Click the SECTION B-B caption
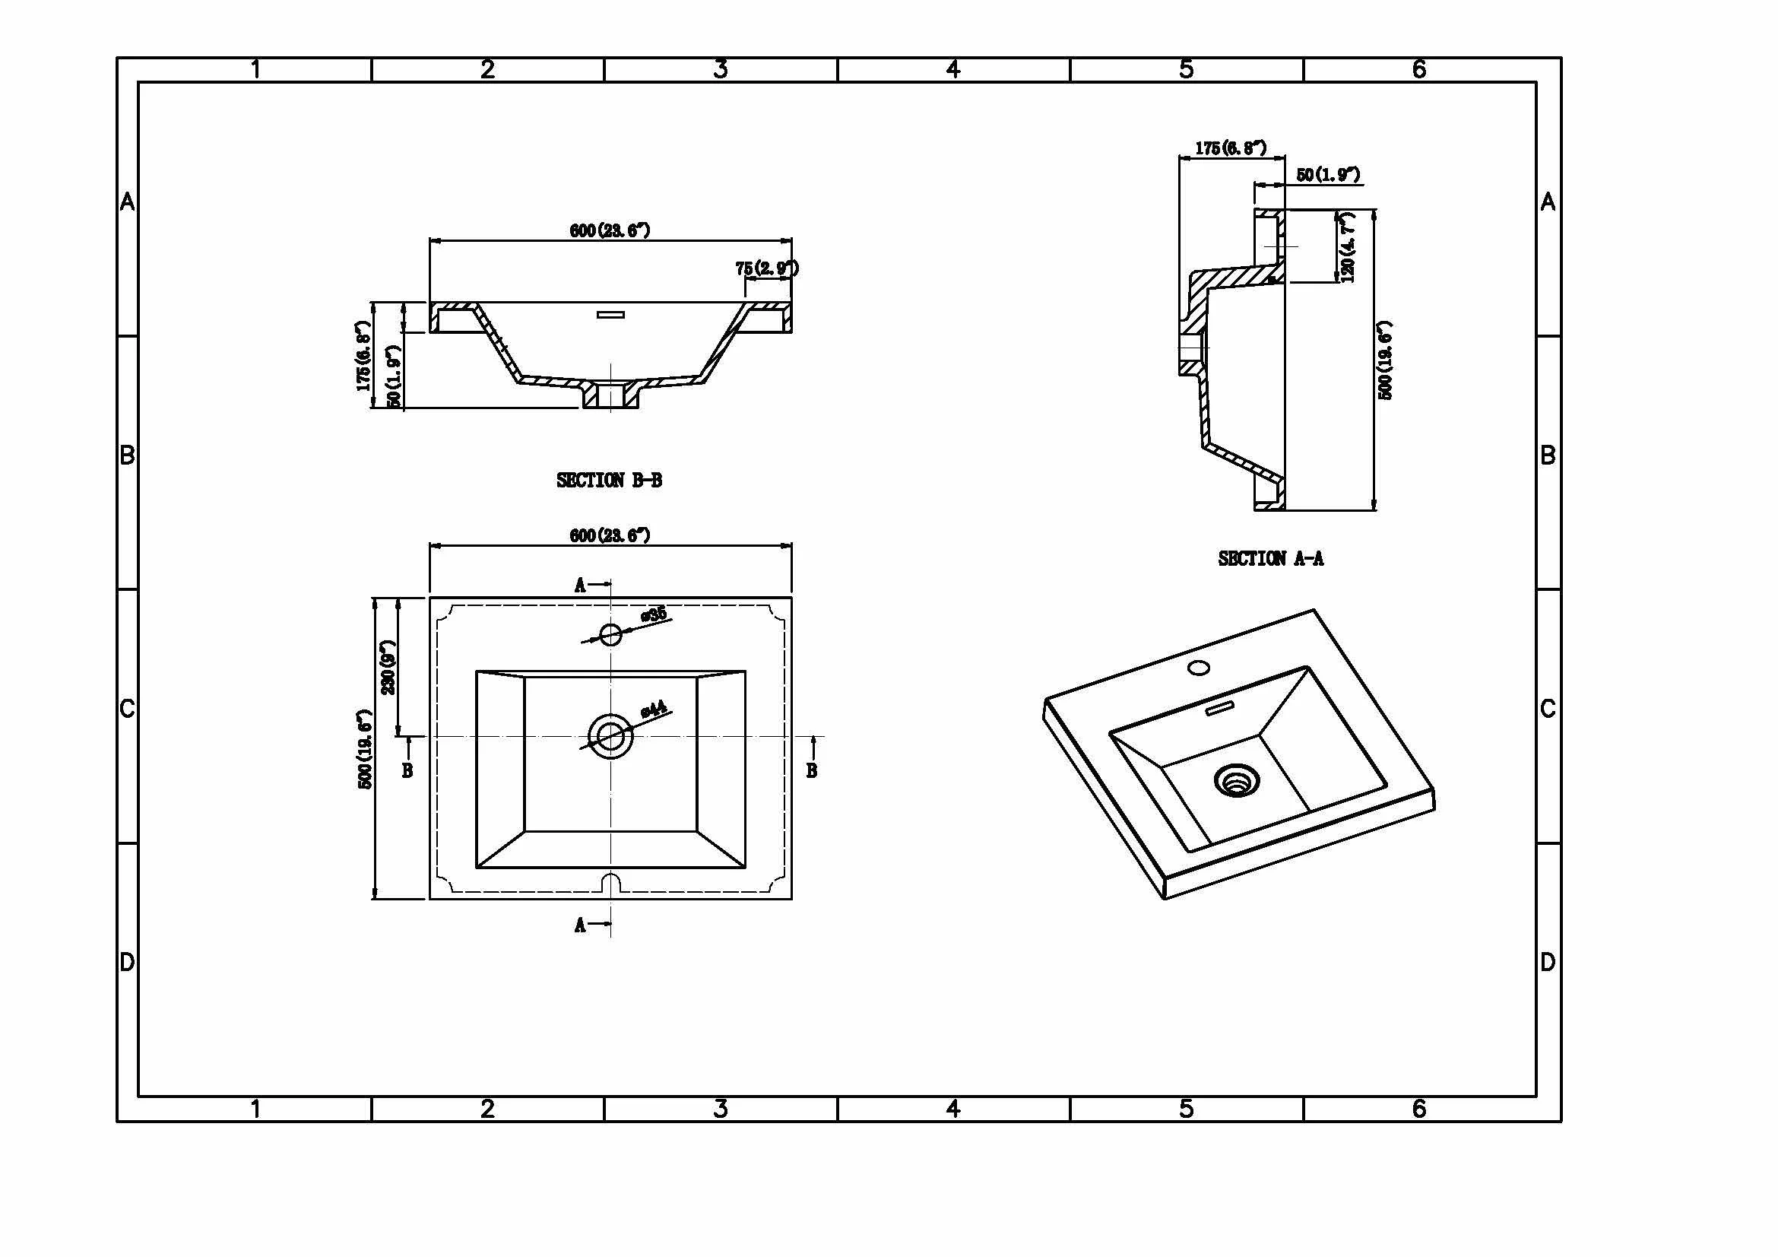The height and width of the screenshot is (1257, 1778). (x=609, y=480)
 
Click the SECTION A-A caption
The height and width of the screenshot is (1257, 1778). (x=1270, y=558)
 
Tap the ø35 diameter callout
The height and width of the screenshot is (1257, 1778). (x=654, y=615)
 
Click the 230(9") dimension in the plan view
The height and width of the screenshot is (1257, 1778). (x=388, y=667)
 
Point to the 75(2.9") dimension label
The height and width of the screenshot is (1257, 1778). (x=767, y=268)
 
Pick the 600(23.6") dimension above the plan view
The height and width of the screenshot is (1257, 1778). (x=610, y=535)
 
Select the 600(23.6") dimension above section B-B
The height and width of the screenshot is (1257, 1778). (x=610, y=230)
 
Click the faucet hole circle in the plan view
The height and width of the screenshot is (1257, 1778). (x=611, y=634)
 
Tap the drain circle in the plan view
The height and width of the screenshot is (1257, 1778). (x=611, y=736)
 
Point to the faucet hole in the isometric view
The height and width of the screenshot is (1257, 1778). (x=1199, y=667)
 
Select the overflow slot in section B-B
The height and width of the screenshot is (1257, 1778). (x=610, y=315)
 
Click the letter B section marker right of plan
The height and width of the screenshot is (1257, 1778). (x=812, y=770)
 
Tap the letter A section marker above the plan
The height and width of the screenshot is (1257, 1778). (x=580, y=585)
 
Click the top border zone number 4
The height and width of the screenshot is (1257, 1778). (x=953, y=70)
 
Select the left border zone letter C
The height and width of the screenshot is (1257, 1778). (x=128, y=709)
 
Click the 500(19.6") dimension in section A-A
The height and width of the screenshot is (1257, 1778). (x=1387, y=360)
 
